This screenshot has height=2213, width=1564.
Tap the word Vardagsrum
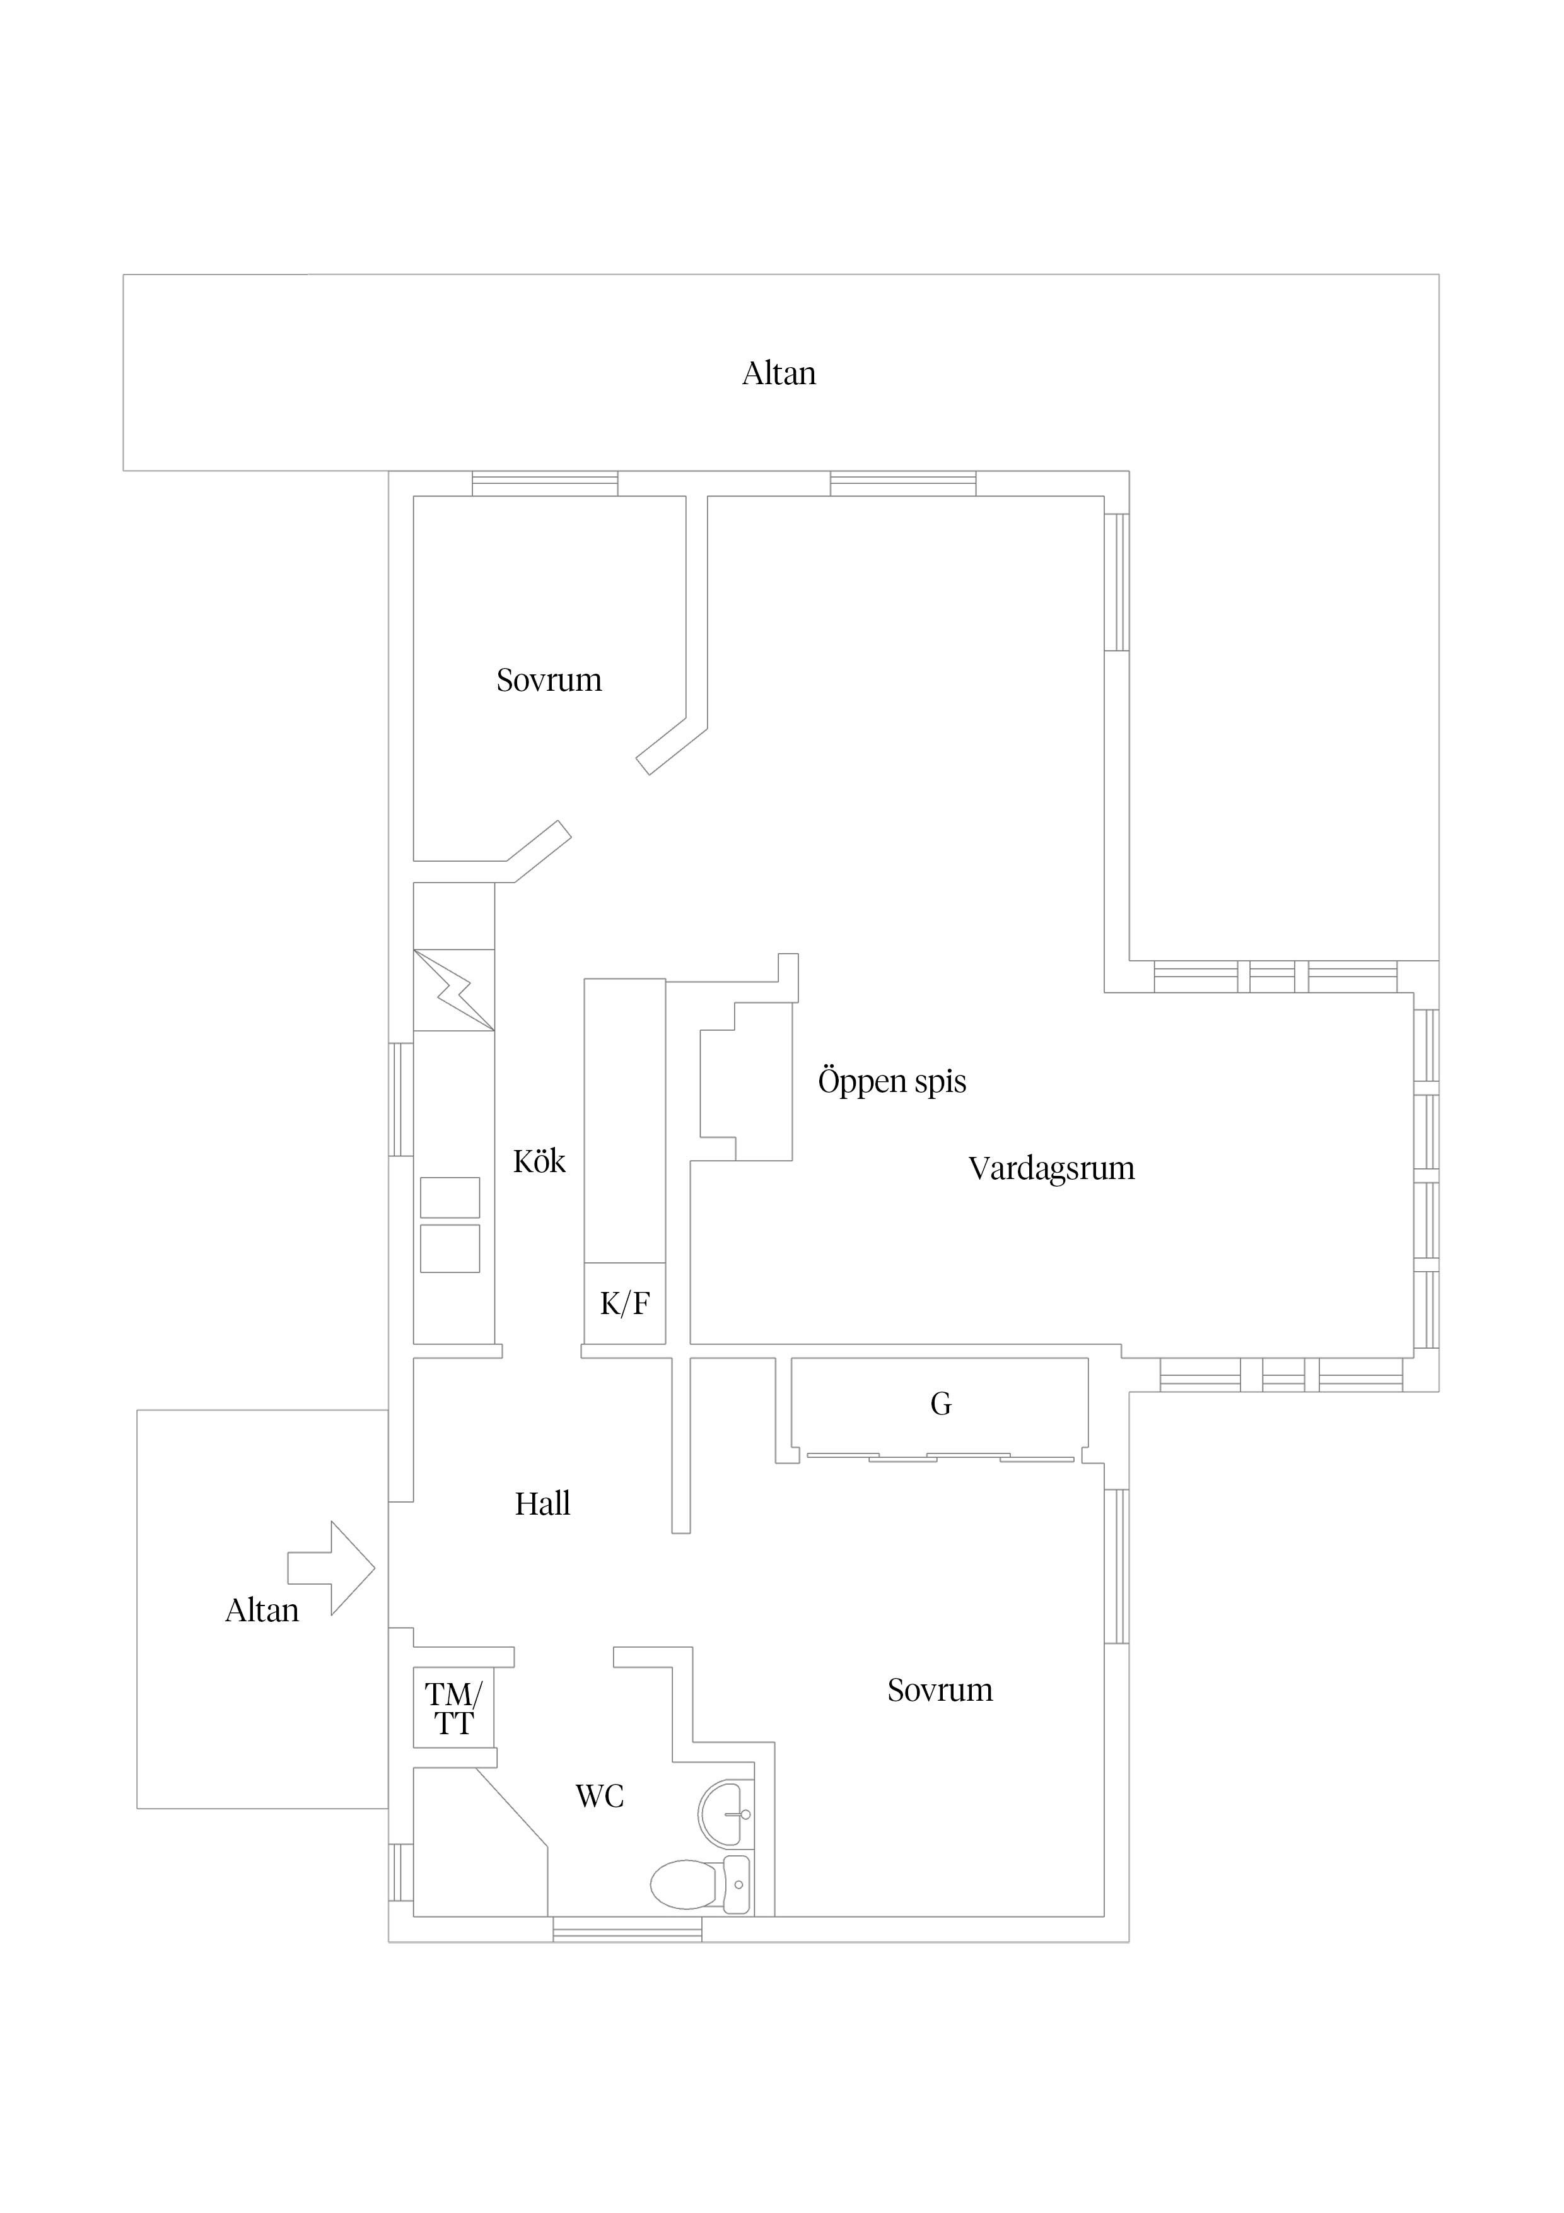tap(1051, 1169)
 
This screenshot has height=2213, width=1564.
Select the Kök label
tap(539, 1161)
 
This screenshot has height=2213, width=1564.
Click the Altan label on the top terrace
tap(779, 374)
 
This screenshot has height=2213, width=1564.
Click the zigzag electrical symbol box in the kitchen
tap(454, 990)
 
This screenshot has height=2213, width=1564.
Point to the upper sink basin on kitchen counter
tap(450, 1197)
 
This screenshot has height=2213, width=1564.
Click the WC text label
tap(599, 1797)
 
